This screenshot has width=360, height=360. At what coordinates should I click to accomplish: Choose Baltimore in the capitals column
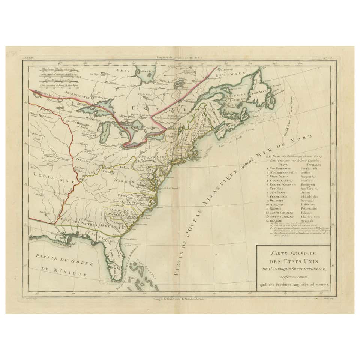click(x=308, y=204)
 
